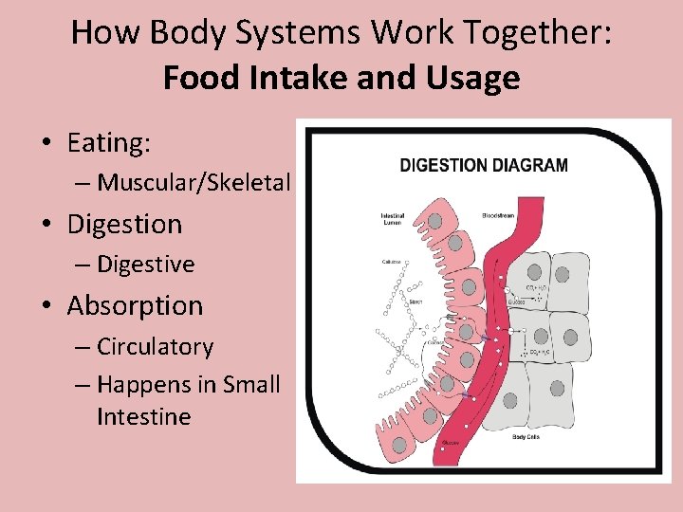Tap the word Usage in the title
tap(476, 77)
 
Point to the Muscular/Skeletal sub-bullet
tap(194, 182)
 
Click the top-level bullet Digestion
tap(124, 225)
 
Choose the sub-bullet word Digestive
tap(145, 265)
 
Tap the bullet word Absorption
tap(135, 306)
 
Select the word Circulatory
tap(155, 347)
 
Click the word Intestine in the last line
tap(143, 417)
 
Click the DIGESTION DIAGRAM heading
tap(484, 165)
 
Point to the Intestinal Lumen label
tap(393, 219)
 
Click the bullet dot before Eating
tap(46, 144)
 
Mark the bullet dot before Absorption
tap(46, 307)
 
